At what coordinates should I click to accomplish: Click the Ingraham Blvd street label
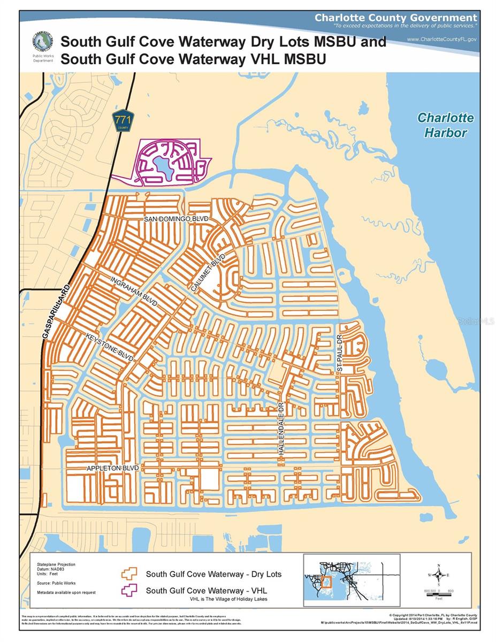(x=134, y=292)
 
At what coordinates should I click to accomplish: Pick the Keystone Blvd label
(x=110, y=347)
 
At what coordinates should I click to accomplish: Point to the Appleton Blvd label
(x=113, y=468)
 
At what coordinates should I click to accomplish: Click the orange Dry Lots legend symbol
(x=129, y=574)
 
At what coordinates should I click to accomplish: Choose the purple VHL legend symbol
(x=129, y=591)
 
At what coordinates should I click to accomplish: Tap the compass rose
(x=438, y=576)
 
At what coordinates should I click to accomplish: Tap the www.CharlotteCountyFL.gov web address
(x=441, y=39)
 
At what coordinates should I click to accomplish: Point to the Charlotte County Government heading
(x=395, y=18)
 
